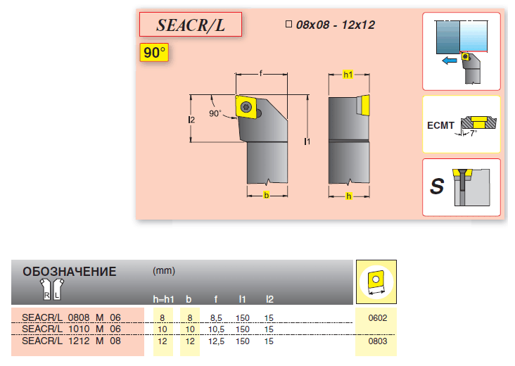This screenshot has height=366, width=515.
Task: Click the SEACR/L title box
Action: [191, 25]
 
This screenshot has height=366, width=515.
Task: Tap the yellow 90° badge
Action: [154, 52]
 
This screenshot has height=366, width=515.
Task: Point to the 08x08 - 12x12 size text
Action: [336, 25]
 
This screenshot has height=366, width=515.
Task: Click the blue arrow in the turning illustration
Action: [450, 61]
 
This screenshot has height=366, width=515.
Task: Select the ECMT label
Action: [440, 125]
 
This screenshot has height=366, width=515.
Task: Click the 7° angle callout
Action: [473, 133]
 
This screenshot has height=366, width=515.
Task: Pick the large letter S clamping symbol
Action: [437, 187]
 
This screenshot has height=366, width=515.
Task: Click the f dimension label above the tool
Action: [261, 73]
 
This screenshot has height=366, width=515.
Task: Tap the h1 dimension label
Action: [348, 75]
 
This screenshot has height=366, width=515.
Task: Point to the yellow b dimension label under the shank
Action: [267, 195]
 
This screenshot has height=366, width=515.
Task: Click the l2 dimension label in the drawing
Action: [191, 120]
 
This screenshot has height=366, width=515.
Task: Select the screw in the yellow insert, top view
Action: [246, 107]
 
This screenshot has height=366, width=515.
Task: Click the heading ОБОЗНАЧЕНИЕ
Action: [70, 272]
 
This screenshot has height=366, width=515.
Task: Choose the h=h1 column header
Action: [163, 299]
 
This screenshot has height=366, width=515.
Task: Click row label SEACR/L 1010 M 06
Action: [71, 329]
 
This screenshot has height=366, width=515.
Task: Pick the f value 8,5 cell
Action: [216, 318]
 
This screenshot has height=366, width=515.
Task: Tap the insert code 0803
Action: [378, 341]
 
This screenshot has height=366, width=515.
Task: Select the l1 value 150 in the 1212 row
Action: [243, 341]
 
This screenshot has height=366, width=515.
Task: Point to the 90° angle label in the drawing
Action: [215, 113]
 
